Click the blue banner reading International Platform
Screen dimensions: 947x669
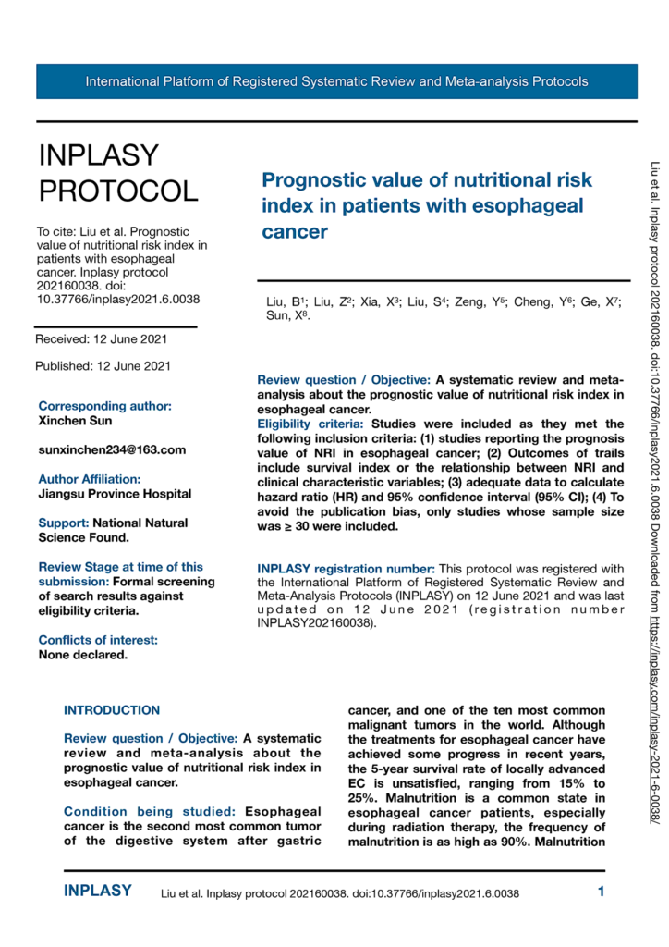(x=336, y=81)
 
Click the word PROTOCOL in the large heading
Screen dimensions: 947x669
(x=117, y=191)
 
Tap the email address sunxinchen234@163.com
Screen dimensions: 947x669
(x=112, y=449)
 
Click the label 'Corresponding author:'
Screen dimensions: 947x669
(x=104, y=406)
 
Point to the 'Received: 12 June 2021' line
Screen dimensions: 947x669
(x=102, y=339)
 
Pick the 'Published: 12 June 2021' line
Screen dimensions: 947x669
(x=103, y=366)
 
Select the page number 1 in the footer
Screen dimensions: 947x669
(x=601, y=892)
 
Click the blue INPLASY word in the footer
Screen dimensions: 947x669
(x=98, y=892)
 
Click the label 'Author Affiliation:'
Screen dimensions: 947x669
(x=90, y=479)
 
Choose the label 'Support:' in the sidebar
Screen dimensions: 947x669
(x=64, y=523)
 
